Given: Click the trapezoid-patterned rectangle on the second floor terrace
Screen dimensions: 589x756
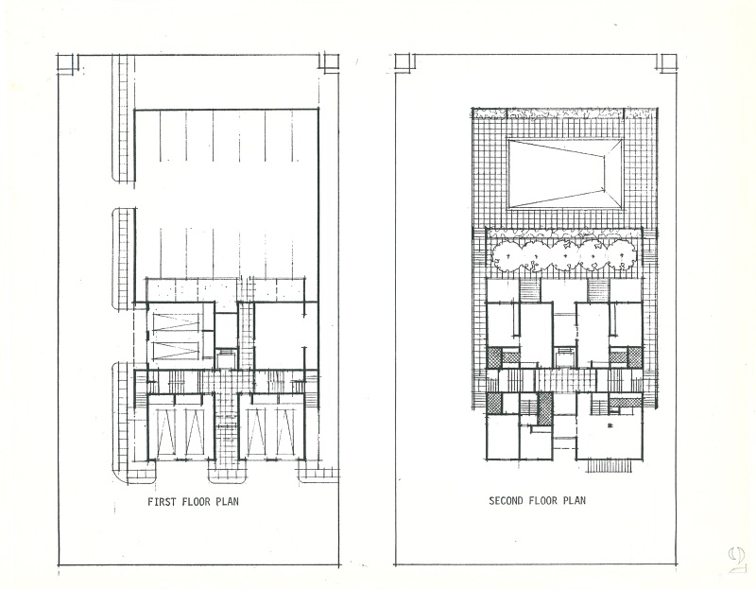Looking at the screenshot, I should (565, 174).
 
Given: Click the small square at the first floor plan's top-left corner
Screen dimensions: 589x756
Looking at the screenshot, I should (66, 62).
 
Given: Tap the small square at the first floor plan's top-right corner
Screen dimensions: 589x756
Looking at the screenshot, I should (330, 62).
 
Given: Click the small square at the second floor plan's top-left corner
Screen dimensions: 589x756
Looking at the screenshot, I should (404, 62).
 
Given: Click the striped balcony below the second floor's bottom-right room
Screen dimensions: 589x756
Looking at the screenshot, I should (611, 464).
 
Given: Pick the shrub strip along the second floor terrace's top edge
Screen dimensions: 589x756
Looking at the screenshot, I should (565, 114).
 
